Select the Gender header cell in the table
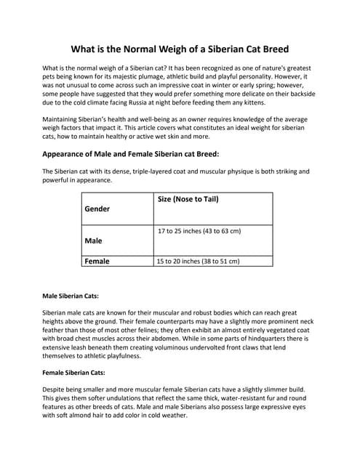[x=97, y=209]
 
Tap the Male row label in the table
[x=93, y=240]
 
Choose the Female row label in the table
[x=97, y=261]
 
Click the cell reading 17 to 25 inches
[x=199, y=231]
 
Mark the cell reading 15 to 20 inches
[x=198, y=261]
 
